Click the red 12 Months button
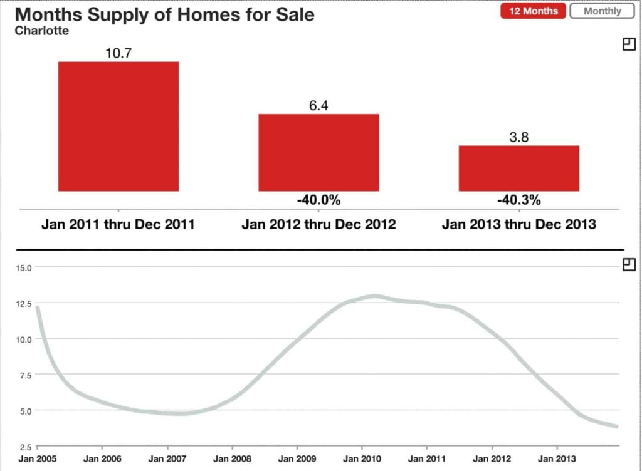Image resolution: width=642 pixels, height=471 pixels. click(533, 11)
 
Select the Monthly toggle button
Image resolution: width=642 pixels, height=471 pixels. click(602, 11)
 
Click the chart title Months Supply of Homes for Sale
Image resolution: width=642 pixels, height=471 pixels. click(164, 14)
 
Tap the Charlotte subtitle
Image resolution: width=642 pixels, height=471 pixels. click(42, 30)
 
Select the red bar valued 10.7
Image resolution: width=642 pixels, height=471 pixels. click(118, 126)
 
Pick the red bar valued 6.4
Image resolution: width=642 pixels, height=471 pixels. click(318, 152)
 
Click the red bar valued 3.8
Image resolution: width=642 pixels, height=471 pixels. click(518, 168)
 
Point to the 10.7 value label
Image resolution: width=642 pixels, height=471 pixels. click(118, 53)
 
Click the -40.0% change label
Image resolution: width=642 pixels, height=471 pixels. click(318, 200)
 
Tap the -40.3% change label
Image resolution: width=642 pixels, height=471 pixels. click(518, 200)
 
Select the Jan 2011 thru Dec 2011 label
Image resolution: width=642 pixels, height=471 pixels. click(118, 224)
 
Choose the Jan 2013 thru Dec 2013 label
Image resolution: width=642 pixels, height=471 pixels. click(518, 224)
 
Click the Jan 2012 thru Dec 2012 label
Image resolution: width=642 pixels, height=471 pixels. click(318, 224)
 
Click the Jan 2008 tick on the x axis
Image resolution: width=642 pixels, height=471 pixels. click(232, 458)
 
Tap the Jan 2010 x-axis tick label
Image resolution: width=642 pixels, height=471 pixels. click(362, 458)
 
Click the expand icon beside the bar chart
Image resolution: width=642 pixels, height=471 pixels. click(629, 44)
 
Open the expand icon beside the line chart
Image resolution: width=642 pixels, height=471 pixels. click(629, 265)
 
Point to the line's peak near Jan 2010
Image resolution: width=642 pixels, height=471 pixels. click(374, 296)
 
